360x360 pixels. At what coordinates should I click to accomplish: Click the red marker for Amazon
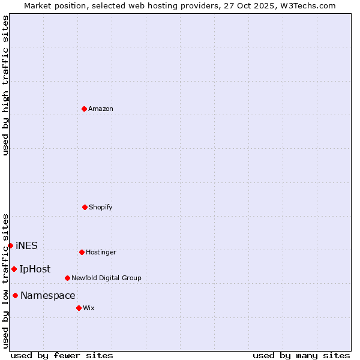(x=85, y=109)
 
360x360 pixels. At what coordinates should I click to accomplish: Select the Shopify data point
(x=85, y=207)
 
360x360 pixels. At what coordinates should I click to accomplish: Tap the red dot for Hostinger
(x=82, y=252)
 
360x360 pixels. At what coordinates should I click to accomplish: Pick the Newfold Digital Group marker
(x=67, y=278)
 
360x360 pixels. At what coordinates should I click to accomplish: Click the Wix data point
(x=79, y=308)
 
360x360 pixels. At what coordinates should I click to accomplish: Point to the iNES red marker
(x=10, y=245)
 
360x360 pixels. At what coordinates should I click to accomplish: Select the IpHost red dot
(x=14, y=269)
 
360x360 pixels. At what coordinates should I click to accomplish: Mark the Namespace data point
(x=15, y=295)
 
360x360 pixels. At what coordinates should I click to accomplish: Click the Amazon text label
(x=101, y=109)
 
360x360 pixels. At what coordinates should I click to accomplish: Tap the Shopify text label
(x=101, y=208)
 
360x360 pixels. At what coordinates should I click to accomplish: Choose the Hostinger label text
(x=101, y=253)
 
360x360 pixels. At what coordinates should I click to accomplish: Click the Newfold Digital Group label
(x=107, y=278)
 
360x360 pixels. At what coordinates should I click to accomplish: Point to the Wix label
(x=89, y=308)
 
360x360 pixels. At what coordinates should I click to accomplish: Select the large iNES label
(x=26, y=245)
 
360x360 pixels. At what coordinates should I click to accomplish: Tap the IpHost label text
(x=35, y=269)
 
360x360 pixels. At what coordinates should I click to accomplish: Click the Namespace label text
(x=48, y=296)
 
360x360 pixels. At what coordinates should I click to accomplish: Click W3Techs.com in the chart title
(x=305, y=6)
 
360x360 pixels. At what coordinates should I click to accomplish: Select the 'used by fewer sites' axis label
(x=62, y=355)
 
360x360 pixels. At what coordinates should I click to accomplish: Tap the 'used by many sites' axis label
(x=301, y=355)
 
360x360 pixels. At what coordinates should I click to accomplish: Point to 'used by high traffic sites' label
(x=6, y=85)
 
